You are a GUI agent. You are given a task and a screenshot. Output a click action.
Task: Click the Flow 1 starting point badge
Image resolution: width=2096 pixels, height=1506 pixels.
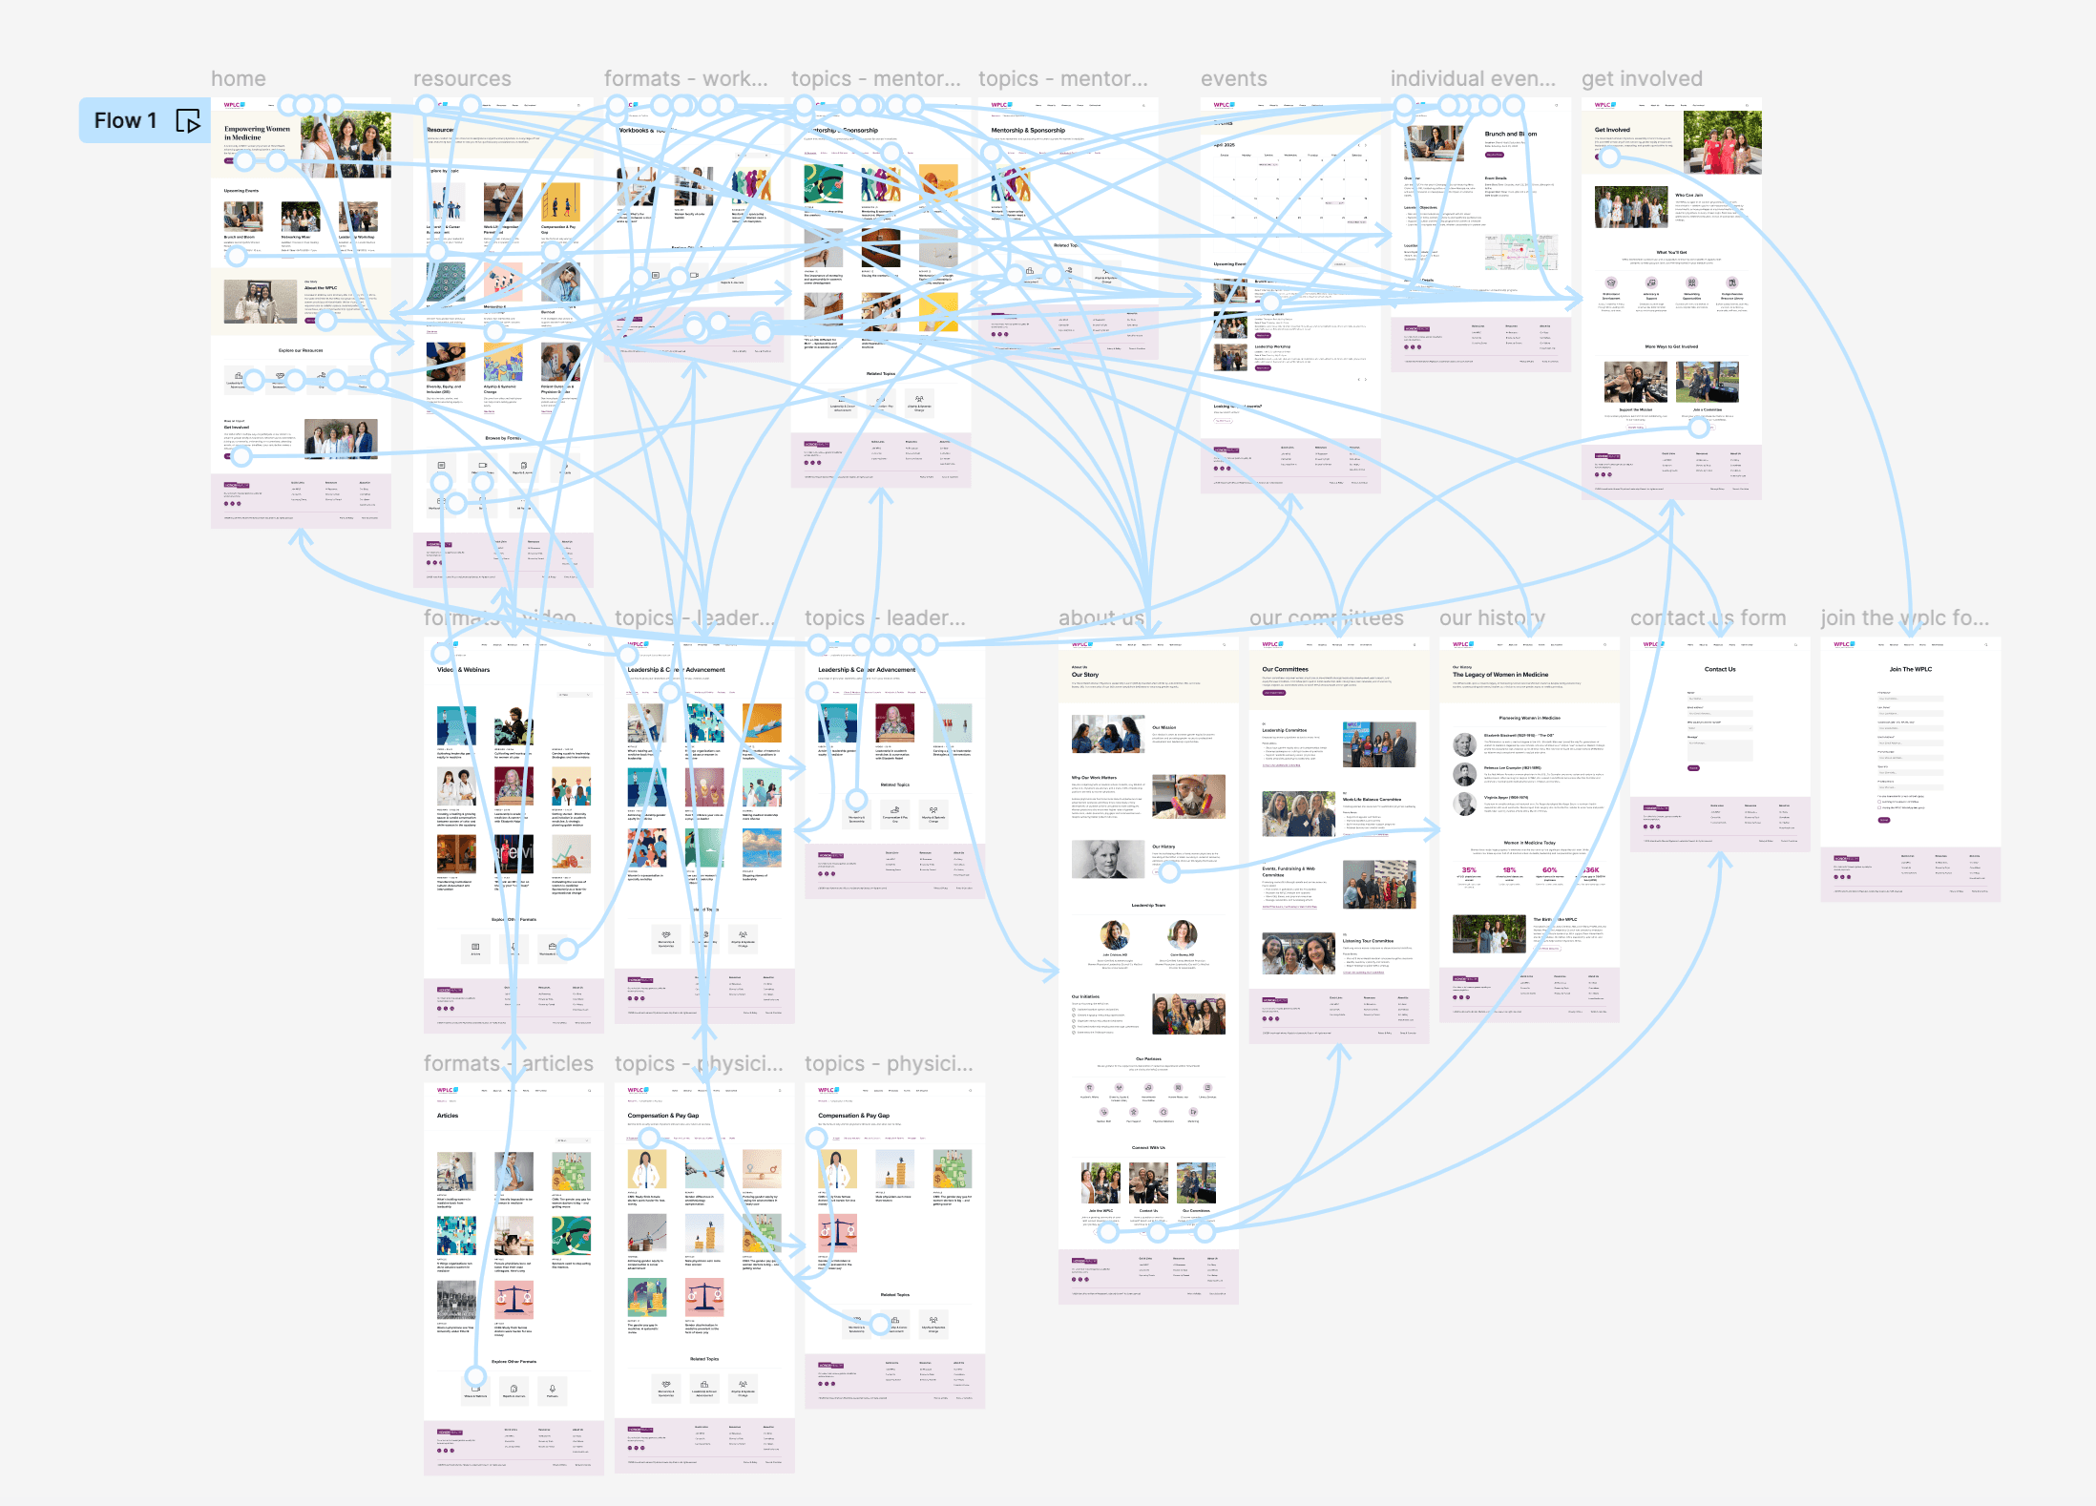click(x=125, y=120)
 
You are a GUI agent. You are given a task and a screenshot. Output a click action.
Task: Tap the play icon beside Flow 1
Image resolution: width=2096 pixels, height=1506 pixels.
click(x=188, y=121)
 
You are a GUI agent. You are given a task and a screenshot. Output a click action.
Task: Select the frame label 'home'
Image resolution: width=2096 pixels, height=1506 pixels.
click(x=239, y=79)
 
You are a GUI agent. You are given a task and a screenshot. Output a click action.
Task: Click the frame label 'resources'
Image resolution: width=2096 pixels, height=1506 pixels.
click(x=462, y=79)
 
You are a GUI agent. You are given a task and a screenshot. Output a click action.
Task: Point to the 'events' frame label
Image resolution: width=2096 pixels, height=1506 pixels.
click(x=1233, y=79)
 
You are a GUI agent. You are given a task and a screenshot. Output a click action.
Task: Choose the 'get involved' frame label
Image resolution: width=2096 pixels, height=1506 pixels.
click(x=1642, y=79)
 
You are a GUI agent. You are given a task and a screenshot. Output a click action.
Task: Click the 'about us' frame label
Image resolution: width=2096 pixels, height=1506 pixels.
click(x=1100, y=618)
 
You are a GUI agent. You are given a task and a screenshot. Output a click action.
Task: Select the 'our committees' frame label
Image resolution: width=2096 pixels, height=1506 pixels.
click(x=1326, y=618)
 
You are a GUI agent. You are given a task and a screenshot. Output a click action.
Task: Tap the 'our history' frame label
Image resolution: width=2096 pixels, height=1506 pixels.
click(x=1492, y=618)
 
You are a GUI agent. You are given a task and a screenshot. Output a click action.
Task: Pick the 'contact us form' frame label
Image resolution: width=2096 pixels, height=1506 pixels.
click(x=1708, y=618)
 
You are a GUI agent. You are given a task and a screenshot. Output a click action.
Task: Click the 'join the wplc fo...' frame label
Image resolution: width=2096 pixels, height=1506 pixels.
click(x=1904, y=618)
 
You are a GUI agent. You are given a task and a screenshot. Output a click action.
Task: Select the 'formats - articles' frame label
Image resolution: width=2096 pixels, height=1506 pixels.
click(x=508, y=1064)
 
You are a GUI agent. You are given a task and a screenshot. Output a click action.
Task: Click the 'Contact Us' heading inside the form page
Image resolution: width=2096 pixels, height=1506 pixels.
click(x=1720, y=669)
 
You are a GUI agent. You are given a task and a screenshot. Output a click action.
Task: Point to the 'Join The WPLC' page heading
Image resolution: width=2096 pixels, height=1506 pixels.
click(x=1910, y=669)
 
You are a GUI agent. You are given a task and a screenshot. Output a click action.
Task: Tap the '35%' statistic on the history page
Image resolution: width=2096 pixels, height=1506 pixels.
click(x=1469, y=870)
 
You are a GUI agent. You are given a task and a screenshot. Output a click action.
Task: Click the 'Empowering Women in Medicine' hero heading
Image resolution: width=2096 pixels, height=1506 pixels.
click(x=257, y=133)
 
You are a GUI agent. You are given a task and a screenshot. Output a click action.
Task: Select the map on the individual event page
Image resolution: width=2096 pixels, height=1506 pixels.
click(x=1520, y=252)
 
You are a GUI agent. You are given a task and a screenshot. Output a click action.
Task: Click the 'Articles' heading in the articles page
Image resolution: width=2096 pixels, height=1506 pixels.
click(x=448, y=1116)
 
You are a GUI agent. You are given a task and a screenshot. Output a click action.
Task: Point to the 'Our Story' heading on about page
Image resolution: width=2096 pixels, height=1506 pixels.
click(x=1085, y=675)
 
